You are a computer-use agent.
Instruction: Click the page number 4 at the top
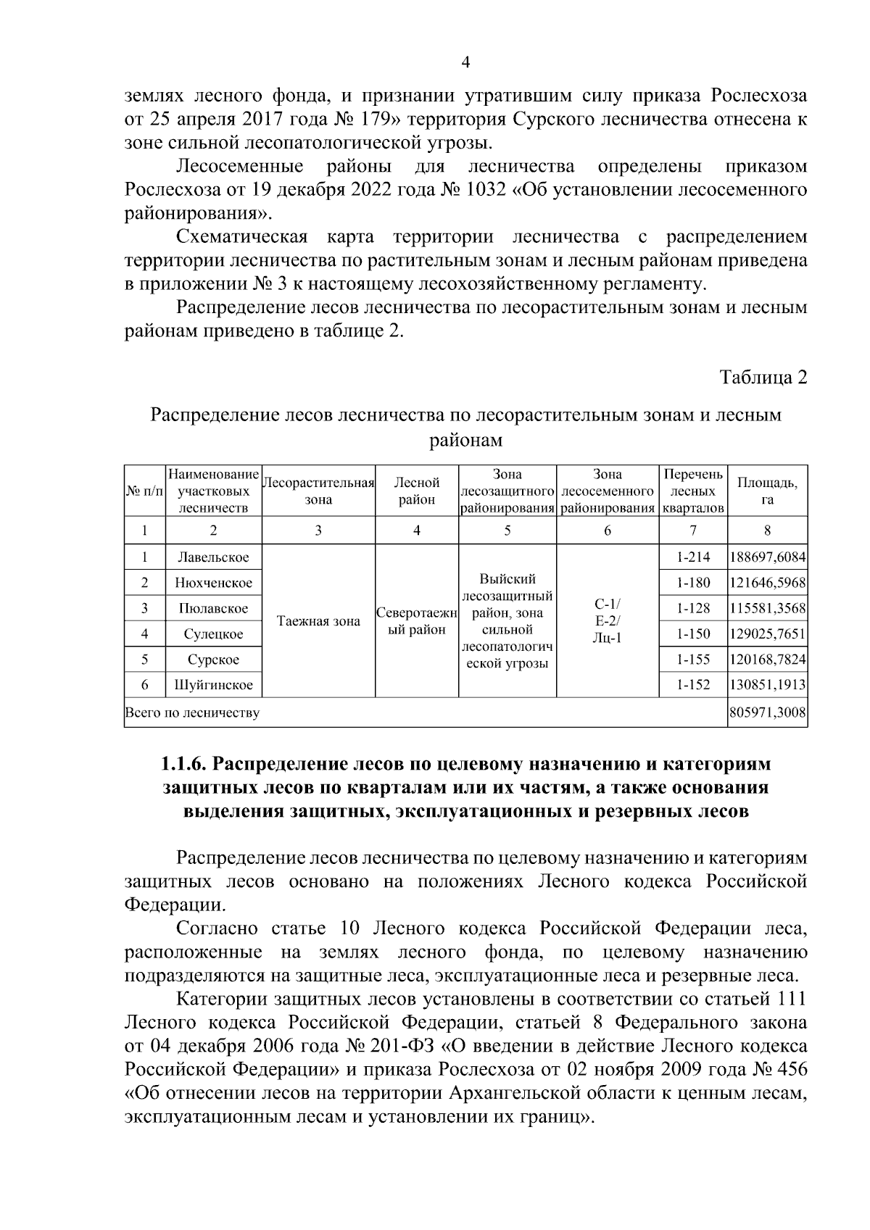(465, 63)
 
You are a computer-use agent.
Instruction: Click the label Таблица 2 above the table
(762, 378)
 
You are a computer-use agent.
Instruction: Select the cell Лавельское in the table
(213, 557)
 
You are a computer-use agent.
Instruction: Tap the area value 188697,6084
(767, 557)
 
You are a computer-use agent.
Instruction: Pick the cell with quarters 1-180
(692, 583)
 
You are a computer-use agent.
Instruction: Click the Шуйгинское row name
(213, 685)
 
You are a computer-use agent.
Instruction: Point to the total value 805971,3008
(767, 713)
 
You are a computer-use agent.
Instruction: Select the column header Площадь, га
(767, 491)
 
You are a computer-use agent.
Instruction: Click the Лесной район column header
(416, 491)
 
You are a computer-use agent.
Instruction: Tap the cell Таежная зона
(318, 621)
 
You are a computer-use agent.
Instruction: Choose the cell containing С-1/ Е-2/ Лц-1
(607, 621)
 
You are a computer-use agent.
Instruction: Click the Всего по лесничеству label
(193, 713)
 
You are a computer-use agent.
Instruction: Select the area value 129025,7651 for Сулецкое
(767, 634)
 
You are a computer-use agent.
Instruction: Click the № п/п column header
(145, 491)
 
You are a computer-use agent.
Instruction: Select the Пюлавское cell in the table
(213, 609)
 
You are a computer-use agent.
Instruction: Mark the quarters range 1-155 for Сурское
(692, 660)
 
